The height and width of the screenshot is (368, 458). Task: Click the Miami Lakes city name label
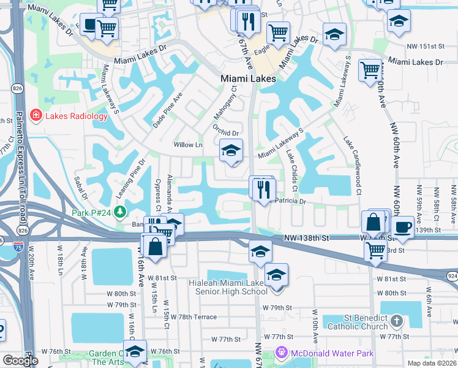249,79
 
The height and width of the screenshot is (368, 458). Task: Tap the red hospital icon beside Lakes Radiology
36,115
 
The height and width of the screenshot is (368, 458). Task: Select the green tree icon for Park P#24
120,212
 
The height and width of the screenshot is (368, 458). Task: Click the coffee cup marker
403,226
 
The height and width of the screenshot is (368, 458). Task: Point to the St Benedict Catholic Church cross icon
397,321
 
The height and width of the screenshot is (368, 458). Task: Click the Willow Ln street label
188,145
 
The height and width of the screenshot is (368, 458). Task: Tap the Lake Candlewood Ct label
353,165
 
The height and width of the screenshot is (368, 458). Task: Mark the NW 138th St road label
307,237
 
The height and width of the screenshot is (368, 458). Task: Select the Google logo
20,360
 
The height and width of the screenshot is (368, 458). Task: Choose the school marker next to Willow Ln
231,150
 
